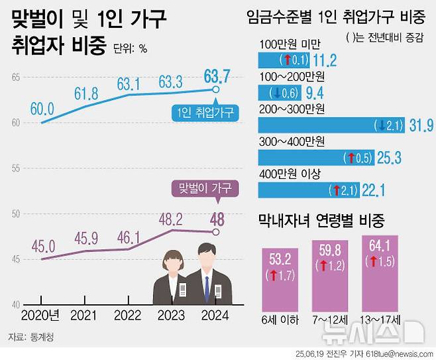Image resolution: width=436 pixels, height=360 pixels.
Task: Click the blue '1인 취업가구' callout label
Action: pos(206,113)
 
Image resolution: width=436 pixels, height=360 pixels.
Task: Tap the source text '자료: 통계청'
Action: pos(32,337)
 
